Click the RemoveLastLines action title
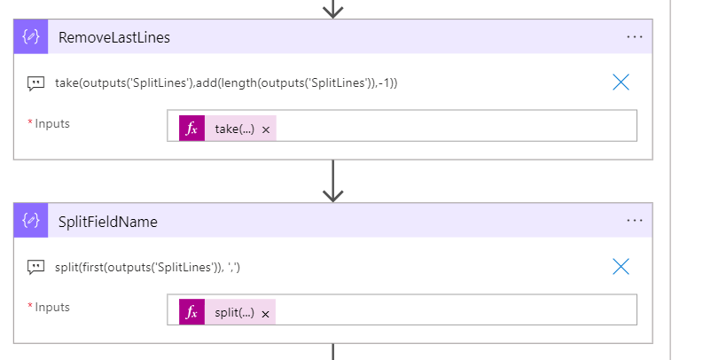tap(114, 37)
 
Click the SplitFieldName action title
tap(108, 222)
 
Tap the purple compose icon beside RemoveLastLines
tap(31, 37)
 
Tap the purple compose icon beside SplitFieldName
tap(31, 221)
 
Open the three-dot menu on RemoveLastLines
tap(634, 37)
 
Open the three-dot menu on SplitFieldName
tap(634, 221)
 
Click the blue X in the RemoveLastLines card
tap(621, 82)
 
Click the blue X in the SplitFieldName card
tap(621, 266)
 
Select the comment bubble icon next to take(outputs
tap(35, 83)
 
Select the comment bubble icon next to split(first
tap(35, 267)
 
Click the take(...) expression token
tap(234, 129)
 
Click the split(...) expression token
tap(234, 312)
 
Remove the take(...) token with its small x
tap(265, 129)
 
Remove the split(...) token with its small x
tap(265, 313)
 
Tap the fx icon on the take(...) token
tap(191, 129)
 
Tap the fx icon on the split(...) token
tap(191, 312)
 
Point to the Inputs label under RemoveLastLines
tap(52, 123)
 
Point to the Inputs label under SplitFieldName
tap(52, 307)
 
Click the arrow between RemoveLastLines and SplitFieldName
tap(332, 181)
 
